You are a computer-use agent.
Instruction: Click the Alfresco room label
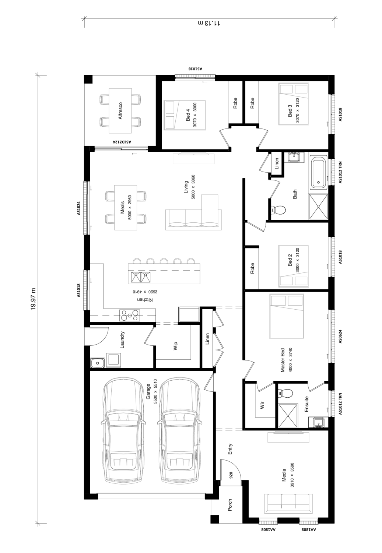pyautogui.click(x=120, y=111)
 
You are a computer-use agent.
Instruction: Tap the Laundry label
pyautogui.click(x=122, y=340)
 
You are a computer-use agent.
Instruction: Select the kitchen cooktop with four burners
pyautogui.click(x=130, y=315)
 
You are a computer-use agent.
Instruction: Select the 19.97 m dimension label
pyautogui.click(x=33, y=299)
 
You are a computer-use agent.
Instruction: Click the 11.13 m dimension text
pyautogui.click(x=209, y=23)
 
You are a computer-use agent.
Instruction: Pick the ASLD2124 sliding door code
pyautogui.click(x=122, y=142)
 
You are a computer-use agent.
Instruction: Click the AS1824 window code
pyautogui.click(x=78, y=208)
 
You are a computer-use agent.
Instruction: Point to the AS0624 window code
pyautogui.click(x=340, y=337)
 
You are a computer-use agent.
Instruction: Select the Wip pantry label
pyautogui.click(x=176, y=346)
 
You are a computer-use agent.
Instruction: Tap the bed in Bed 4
pyautogui.click(x=185, y=115)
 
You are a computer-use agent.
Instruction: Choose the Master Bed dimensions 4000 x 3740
pyautogui.click(x=290, y=360)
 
